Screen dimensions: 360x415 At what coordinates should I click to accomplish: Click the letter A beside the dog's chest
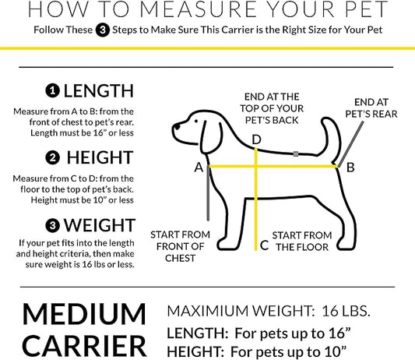(199, 167)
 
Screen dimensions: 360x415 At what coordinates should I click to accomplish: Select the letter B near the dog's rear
(350, 167)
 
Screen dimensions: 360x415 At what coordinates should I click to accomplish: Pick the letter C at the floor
(264, 245)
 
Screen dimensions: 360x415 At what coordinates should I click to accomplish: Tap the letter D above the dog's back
(256, 139)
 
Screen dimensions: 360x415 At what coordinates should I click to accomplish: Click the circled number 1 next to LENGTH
(52, 90)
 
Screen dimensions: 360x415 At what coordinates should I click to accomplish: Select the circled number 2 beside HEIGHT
(52, 157)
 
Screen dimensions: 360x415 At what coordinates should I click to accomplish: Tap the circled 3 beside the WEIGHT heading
(52, 226)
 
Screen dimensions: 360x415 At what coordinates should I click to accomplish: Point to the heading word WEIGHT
(100, 226)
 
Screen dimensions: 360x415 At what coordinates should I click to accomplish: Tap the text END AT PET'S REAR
(375, 108)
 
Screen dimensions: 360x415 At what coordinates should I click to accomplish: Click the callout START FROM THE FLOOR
(302, 241)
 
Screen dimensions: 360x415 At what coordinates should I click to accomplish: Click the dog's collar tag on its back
(296, 153)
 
